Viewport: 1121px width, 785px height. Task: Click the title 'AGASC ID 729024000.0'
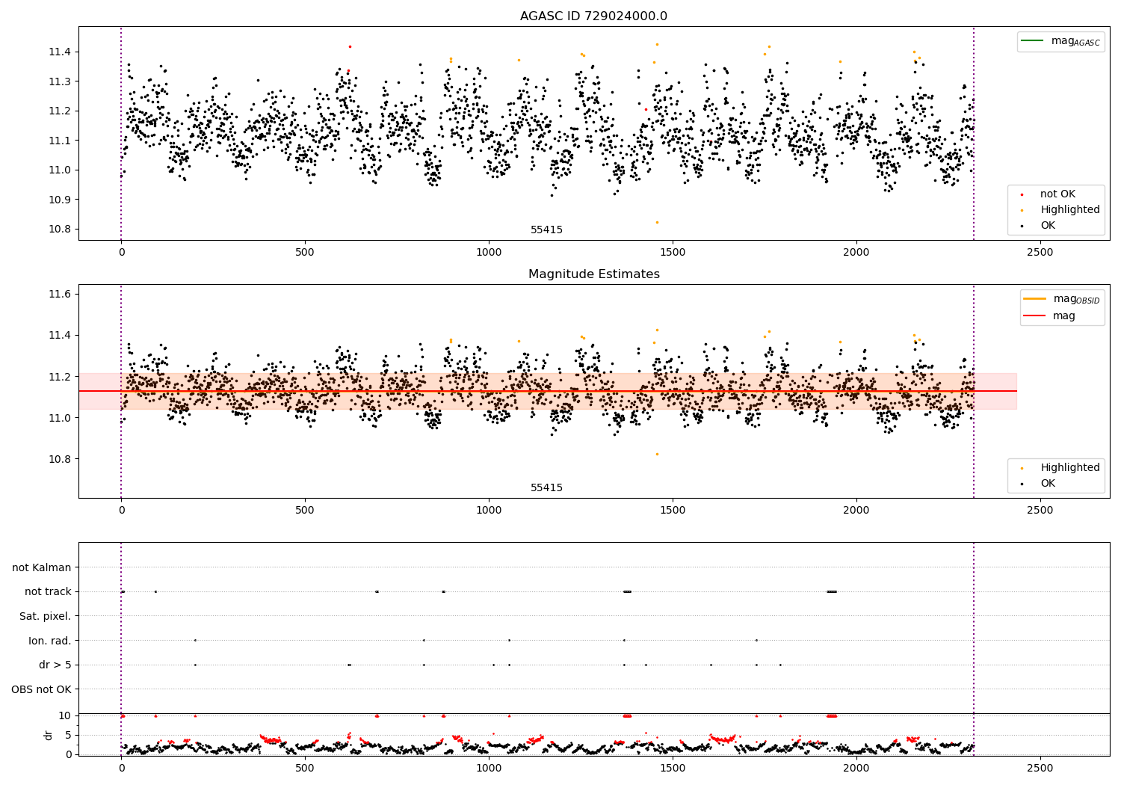point(593,16)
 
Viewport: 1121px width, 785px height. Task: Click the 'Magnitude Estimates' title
point(593,274)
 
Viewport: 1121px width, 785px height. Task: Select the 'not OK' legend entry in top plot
point(1057,194)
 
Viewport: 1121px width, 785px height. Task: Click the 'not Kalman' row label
point(42,567)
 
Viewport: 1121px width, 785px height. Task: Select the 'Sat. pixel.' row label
point(45,616)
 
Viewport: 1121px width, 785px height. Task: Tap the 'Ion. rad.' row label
point(50,641)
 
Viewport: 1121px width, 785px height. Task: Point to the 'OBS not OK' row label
point(41,689)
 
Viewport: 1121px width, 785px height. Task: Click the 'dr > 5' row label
point(55,665)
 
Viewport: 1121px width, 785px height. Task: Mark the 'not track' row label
point(48,591)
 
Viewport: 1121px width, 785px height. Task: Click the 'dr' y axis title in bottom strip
point(49,735)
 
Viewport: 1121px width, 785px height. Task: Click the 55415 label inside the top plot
point(546,230)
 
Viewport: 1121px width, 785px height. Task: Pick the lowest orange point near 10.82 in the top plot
point(657,222)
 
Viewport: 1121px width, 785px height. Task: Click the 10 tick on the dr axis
point(65,715)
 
